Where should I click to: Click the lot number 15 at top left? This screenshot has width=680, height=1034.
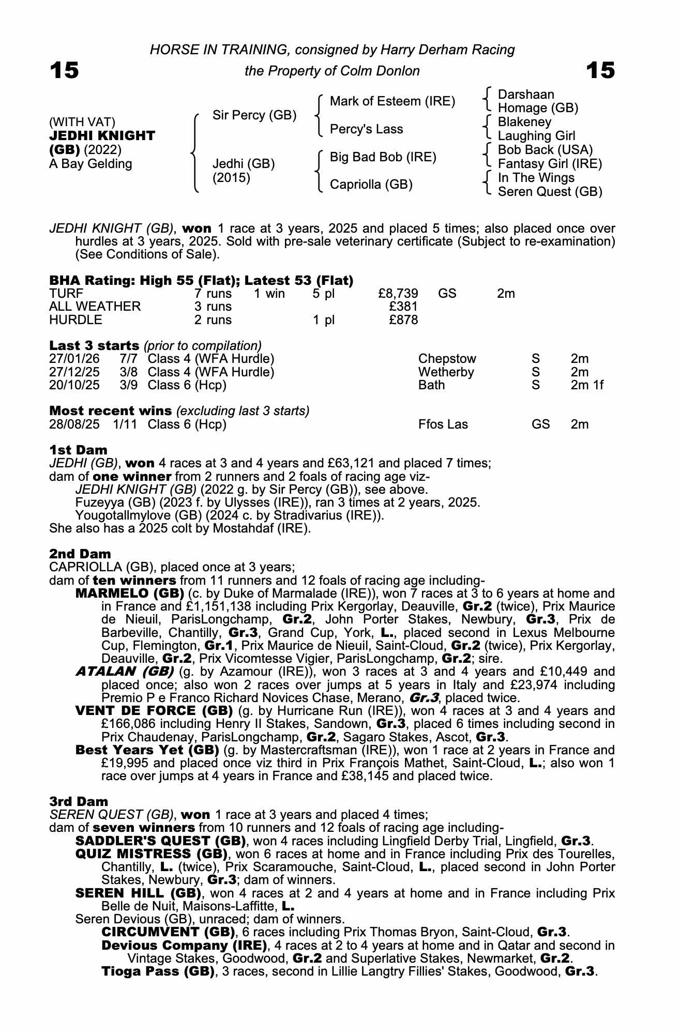coord(64,70)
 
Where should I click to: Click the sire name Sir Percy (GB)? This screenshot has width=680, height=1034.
coord(254,115)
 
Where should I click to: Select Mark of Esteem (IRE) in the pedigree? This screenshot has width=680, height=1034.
coord(392,101)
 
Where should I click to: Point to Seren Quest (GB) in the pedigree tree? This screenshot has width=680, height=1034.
coord(550,192)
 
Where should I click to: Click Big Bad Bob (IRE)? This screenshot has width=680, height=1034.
coord(383,157)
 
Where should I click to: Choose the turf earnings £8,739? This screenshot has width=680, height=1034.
coord(398,294)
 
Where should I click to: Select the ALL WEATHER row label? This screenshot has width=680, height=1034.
coord(95,307)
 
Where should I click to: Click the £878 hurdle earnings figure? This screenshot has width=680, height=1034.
coord(403,320)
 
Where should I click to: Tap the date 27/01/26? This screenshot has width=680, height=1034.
coord(74,359)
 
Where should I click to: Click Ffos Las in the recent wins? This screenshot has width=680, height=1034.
coord(443,424)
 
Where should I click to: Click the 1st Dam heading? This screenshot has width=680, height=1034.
coord(78,450)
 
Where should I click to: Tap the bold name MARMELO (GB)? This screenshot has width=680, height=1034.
coord(130,593)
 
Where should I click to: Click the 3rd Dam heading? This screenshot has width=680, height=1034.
coord(79,801)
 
